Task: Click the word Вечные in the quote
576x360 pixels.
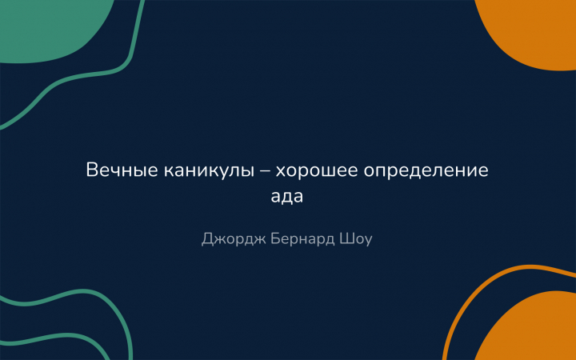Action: pyautogui.click(x=122, y=170)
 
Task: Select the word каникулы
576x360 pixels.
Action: pyautogui.click(x=209, y=171)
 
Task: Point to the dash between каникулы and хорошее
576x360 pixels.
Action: pyautogui.click(x=265, y=171)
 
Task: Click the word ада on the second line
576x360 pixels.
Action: pyautogui.click(x=287, y=197)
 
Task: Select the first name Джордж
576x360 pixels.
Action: pyautogui.click(x=234, y=239)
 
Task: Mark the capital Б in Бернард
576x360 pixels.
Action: pyautogui.click(x=275, y=238)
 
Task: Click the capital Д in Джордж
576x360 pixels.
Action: pyautogui.click(x=207, y=239)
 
